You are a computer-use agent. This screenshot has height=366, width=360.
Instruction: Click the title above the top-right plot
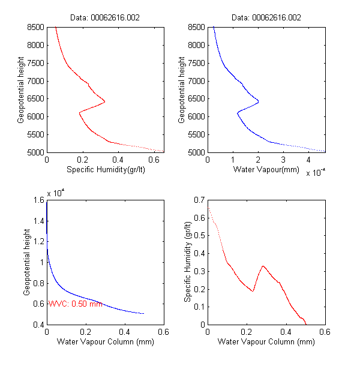(266, 18)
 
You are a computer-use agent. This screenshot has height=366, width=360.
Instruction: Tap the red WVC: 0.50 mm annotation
(75, 304)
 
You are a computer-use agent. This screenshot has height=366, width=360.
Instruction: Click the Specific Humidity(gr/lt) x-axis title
(106, 170)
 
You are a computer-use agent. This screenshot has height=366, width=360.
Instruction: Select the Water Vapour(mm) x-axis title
(266, 170)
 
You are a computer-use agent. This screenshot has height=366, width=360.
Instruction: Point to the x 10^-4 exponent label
(315, 174)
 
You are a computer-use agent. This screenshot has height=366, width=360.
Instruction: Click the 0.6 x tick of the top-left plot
(153, 160)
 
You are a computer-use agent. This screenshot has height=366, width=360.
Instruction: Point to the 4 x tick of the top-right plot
(308, 160)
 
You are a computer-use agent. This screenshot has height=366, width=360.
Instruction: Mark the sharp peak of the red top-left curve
(105, 101)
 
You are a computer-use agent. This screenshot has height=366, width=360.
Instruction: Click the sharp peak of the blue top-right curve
(259, 101)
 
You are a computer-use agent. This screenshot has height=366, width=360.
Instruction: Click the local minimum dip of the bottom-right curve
(253, 291)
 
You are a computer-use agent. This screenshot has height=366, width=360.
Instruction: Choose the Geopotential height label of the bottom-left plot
(27, 262)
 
